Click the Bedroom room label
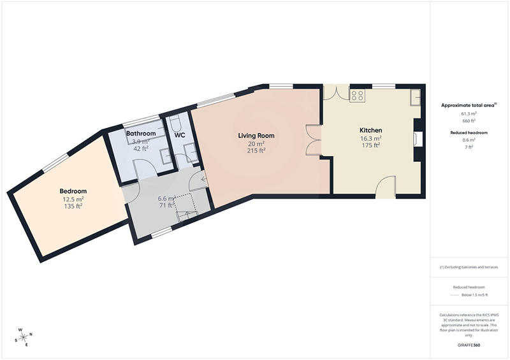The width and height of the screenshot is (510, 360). coord(73,191)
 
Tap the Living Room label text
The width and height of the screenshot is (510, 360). coord(256,136)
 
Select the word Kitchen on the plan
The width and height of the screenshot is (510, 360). coord(370,130)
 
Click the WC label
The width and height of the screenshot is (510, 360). coord(180,135)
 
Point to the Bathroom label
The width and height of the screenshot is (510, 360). coord(141,133)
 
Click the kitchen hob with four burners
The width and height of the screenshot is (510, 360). coord(358,96)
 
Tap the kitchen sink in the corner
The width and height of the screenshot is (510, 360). coord(415,96)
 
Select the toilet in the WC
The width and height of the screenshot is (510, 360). coord(177,122)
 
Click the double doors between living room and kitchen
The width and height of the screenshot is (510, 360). coord(314,140)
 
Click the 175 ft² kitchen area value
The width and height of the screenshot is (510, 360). coord(370,145)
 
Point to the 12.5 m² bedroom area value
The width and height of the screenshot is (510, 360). coord(73,199)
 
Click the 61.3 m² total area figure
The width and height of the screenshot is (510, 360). coord(469,113)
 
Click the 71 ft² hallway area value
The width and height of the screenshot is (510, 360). coord(167,205)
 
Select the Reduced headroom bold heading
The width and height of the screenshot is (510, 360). coord(469,132)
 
